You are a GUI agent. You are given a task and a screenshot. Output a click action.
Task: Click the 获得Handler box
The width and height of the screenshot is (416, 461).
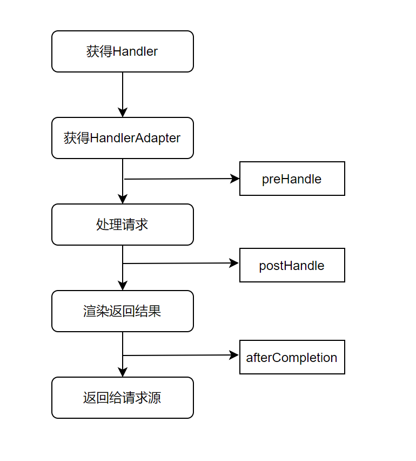click(123, 51)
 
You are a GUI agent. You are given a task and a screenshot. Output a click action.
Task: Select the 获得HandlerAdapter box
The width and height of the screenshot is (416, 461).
click(123, 138)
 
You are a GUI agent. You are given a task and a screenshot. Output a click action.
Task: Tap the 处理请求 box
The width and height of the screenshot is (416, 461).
click(123, 225)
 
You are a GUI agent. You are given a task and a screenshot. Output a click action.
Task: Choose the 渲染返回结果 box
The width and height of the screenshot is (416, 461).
click(123, 311)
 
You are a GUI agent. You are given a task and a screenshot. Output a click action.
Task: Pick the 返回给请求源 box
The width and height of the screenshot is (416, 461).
click(123, 398)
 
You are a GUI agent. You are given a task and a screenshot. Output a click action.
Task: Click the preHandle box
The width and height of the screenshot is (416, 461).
click(292, 179)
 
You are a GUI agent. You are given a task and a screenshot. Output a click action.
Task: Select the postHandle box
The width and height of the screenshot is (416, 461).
click(292, 265)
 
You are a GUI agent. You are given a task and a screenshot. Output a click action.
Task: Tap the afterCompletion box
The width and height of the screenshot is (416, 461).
click(292, 357)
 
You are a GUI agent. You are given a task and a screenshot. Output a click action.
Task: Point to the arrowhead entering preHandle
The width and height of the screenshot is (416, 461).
click(235, 179)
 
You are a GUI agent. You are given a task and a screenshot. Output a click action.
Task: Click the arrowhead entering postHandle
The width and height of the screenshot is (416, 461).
click(234, 263)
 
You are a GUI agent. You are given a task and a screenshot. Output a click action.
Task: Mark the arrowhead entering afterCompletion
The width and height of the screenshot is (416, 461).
click(234, 355)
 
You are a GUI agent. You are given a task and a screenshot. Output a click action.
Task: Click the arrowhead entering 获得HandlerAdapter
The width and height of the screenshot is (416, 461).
click(123, 113)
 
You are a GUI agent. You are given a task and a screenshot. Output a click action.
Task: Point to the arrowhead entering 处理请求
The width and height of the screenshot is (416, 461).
click(123, 199)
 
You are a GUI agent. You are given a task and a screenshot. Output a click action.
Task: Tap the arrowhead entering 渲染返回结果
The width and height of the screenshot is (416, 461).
click(123, 286)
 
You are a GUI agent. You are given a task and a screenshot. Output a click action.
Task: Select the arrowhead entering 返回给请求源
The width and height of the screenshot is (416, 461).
click(123, 372)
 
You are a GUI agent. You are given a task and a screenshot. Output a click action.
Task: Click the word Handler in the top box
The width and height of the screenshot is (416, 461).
click(135, 51)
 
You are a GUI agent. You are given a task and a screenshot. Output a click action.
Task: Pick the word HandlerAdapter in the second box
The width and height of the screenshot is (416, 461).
click(135, 138)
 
